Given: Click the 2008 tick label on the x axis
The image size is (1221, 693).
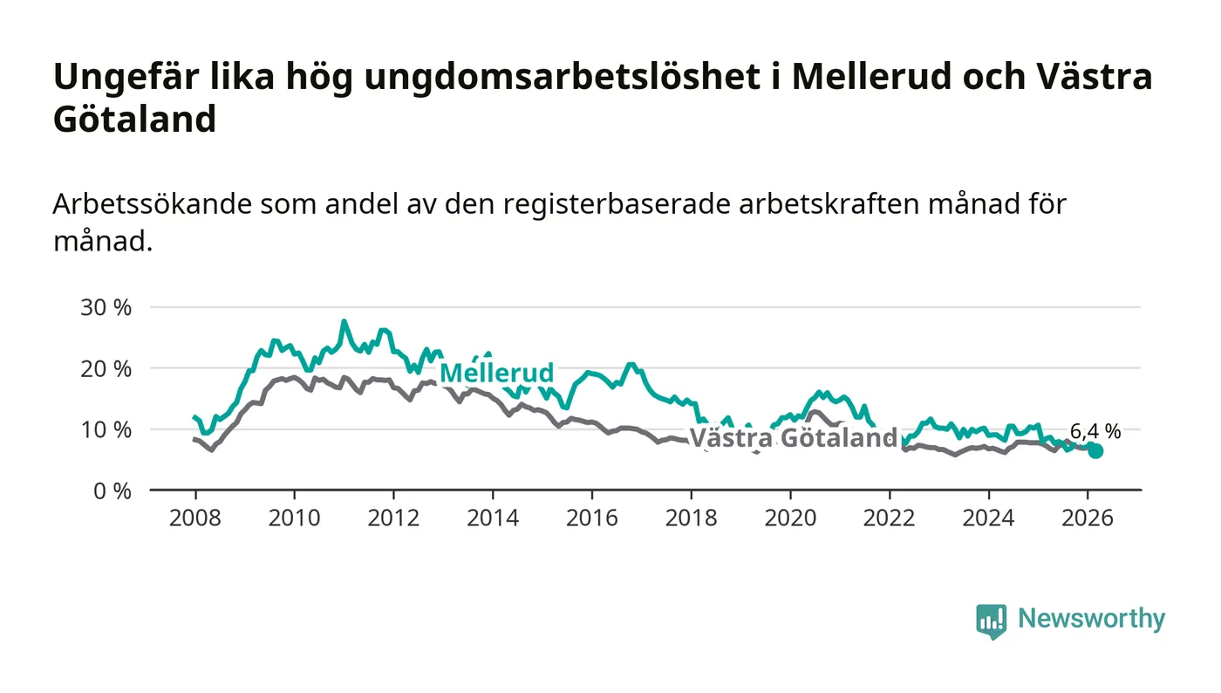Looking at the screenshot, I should [x=194, y=518].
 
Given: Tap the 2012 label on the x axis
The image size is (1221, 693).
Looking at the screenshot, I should [x=393, y=518].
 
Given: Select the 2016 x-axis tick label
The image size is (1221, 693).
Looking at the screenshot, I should [x=591, y=518].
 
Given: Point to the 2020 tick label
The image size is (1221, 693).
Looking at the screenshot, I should [x=790, y=518].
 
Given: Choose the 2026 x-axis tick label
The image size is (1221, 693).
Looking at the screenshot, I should [x=1088, y=518].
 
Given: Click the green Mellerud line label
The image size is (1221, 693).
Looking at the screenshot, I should [x=496, y=374].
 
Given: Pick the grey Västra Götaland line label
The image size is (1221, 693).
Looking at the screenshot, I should [x=794, y=438].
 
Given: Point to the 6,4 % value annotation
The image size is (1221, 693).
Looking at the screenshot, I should [x=1095, y=431].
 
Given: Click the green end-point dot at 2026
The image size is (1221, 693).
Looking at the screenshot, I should [x=1095, y=450].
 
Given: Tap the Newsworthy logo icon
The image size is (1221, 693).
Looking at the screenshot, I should [x=991, y=621].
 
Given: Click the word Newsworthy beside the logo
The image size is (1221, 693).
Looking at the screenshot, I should [x=1091, y=619].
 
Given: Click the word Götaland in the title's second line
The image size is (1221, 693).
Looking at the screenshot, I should [x=134, y=119].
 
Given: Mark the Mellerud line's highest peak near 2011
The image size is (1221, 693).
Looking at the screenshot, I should [x=344, y=322].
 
